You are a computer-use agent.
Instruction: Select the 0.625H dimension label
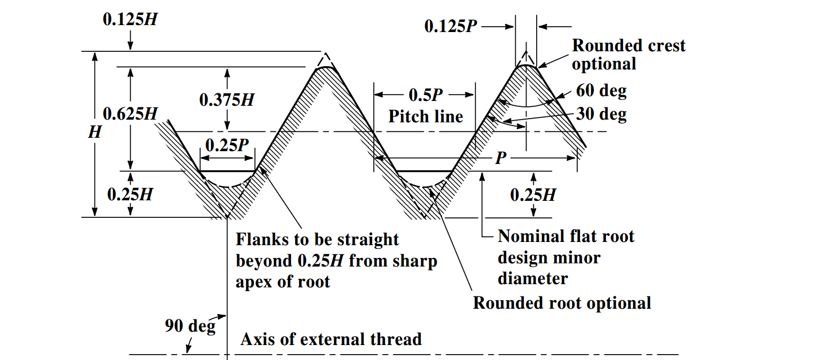click(130, 114)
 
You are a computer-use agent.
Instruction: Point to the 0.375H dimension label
click(226, 99)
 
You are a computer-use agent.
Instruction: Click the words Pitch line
click(426, 116)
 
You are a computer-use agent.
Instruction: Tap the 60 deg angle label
click(601, 91)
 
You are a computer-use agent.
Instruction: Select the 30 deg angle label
click(601, 114)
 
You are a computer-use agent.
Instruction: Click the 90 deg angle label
click(190, 325)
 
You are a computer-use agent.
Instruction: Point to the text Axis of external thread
click(331, 339)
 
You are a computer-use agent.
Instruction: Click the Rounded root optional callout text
click(562, 303)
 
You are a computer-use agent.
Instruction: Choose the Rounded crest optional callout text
click(628, 54)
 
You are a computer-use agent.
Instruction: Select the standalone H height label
click(95, 133)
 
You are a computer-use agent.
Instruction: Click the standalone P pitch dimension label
click(500, 158)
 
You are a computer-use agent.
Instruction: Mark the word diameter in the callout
click(532, 278)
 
